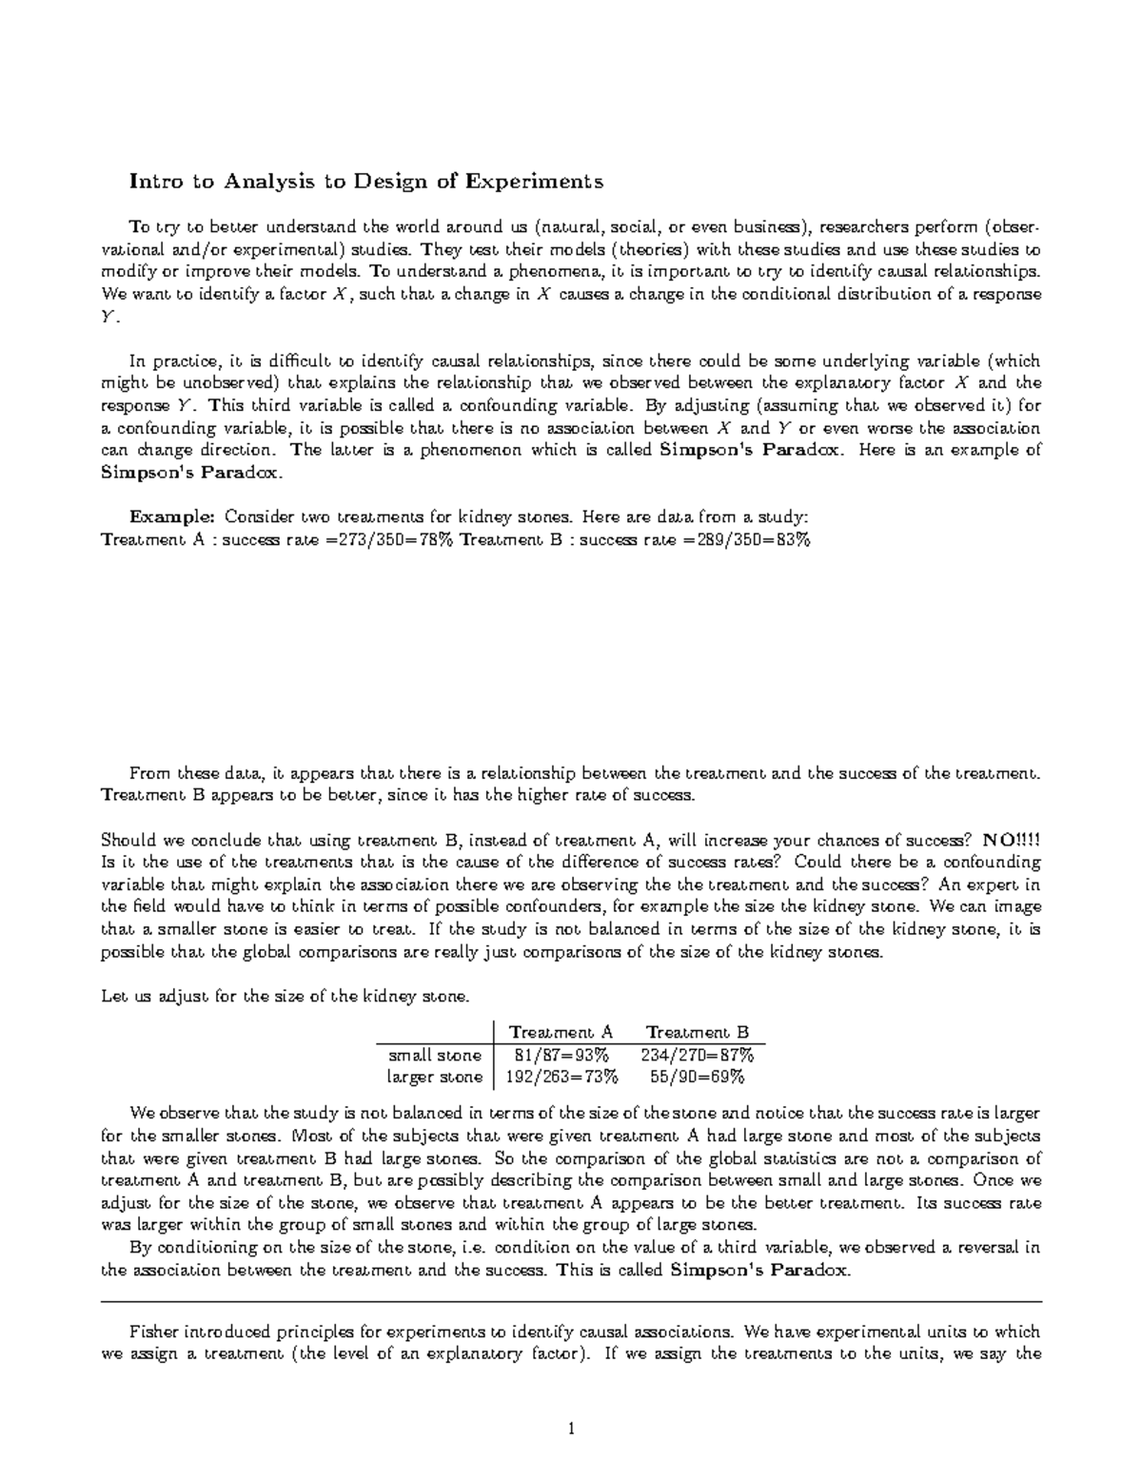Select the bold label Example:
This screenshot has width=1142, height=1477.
click(172, 516)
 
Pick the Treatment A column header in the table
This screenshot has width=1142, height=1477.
click(561, 1032)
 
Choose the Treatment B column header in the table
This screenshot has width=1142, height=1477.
click(698, 1032)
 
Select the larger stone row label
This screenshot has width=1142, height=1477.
click(434, 1078)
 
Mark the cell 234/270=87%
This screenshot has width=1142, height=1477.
click(698, 1055)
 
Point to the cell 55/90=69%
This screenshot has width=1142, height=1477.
click(698, 1078)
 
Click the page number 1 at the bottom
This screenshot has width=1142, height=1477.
click(571, 1428)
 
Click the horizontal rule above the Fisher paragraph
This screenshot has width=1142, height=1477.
click(571, 1301)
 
